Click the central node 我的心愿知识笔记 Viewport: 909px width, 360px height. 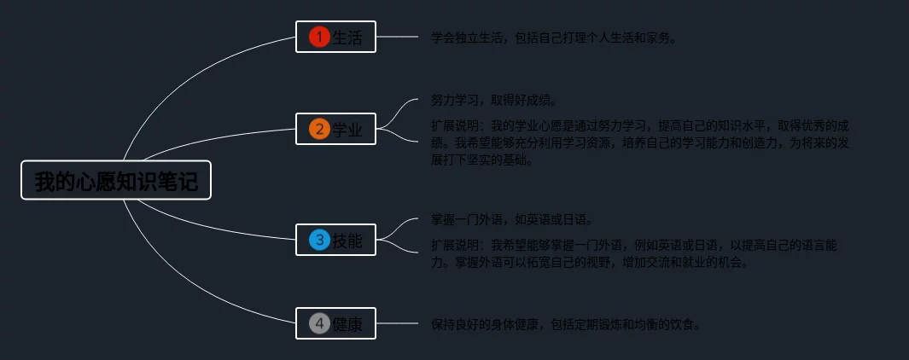pyautogui.click(x=115, y=181)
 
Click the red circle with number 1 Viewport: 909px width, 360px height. pyautogui.click(x=319, y=37)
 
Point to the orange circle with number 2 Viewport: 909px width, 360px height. pyautogui.click(x=319, y=129)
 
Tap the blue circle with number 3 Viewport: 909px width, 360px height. pyautogui.click(x=319, y=240)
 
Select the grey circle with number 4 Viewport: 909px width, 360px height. pyautogui.click(x=319, y=323)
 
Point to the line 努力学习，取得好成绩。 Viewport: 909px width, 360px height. pyautogui.click(x=494, y=101)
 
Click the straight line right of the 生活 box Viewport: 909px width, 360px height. pyautogui.click(x=397, y=38)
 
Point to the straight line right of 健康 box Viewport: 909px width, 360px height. pyautogui.click(x=397, y=324)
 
